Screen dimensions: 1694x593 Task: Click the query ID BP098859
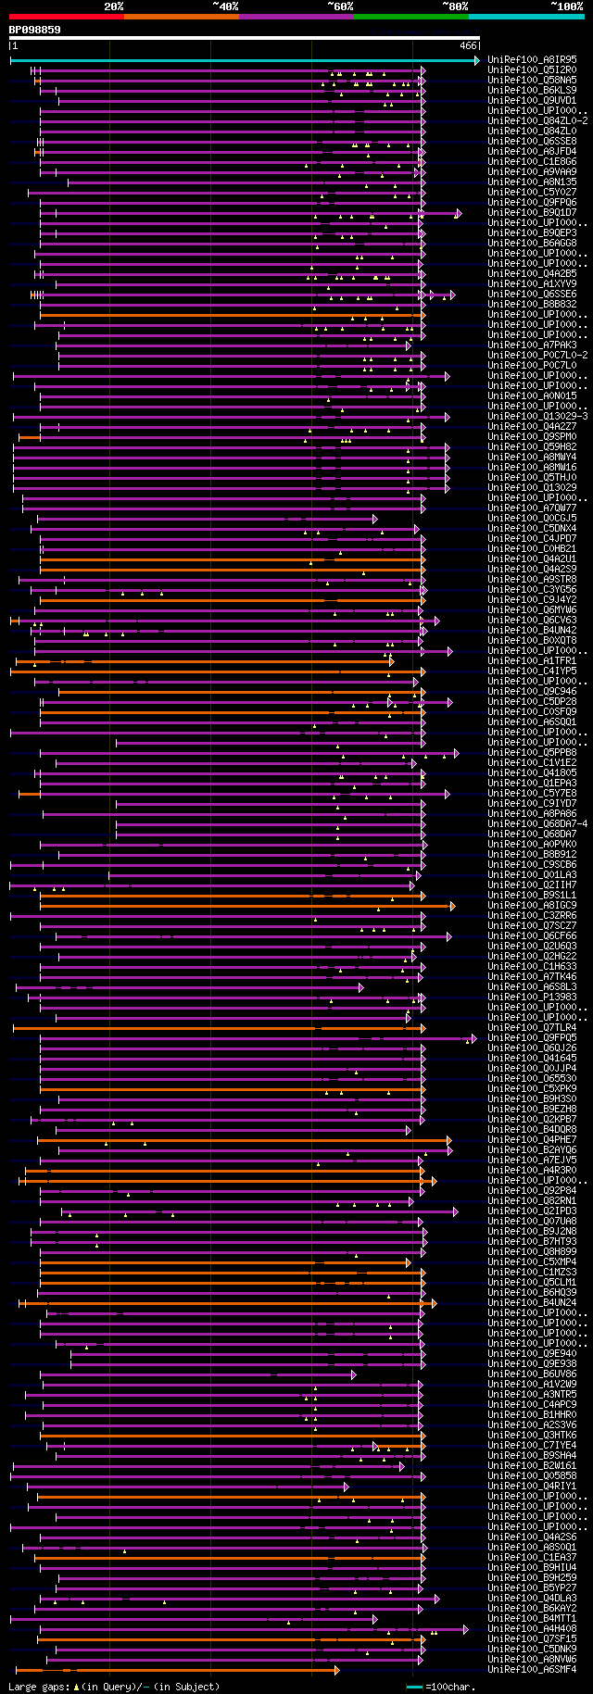tap(35, 30)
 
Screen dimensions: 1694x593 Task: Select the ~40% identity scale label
tap(225, 6)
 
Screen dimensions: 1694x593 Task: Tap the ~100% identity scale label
tap(565, 6)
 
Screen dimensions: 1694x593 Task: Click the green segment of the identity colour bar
tap(410, 16)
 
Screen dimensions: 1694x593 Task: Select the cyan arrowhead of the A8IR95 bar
tap(476, 60)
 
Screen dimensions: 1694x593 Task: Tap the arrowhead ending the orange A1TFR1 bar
tap(392, 661)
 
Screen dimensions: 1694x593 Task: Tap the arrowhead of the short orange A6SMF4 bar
tap(336, 1670)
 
